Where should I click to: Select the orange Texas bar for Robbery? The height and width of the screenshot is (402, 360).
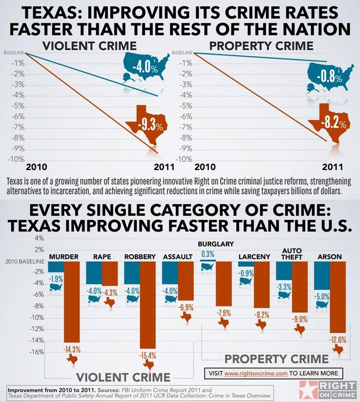[x=148, y=304]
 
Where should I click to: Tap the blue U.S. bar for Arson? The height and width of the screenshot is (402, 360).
[x=322, y=275]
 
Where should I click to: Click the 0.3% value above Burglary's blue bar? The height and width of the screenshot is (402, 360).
[x=208, y=254]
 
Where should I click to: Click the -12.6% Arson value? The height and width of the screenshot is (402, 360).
[x=338, y=339]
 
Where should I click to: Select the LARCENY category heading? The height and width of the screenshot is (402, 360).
[x=254, y=257]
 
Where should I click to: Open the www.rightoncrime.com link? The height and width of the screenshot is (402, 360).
[x=255, y=373]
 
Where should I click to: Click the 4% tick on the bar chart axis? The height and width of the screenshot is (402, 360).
[x=39, y=238]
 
